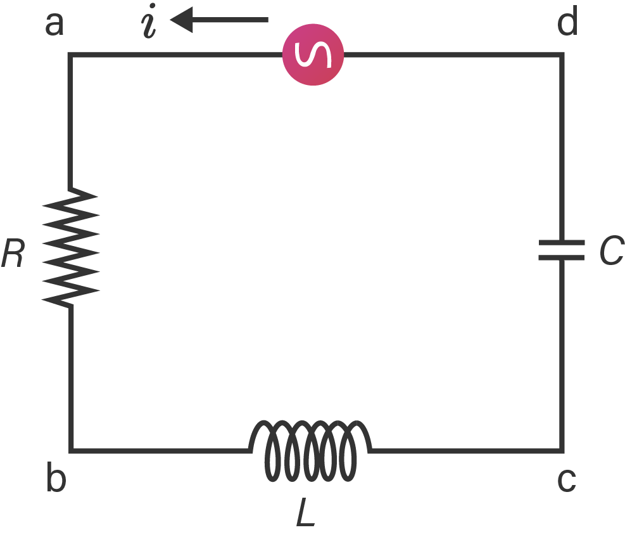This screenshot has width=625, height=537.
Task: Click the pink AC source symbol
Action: point(313,56)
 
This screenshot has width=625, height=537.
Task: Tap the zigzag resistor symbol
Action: point(70,247)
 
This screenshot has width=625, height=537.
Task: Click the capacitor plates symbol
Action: point(561,250)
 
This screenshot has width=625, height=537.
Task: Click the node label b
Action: point(56,480)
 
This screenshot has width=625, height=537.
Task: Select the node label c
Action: point(567,481)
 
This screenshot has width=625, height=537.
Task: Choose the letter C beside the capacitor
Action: point(611,251)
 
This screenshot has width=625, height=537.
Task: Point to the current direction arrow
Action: point(220,21)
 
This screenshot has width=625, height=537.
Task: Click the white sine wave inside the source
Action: point(313,56)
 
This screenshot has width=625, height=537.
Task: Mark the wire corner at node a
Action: point(70,56)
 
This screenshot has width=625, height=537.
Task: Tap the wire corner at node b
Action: point(70,450)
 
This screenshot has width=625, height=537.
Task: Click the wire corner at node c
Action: point(561,450)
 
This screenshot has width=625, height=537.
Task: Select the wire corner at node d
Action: point(561,56)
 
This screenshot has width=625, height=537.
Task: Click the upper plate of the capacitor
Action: point(561,242)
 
